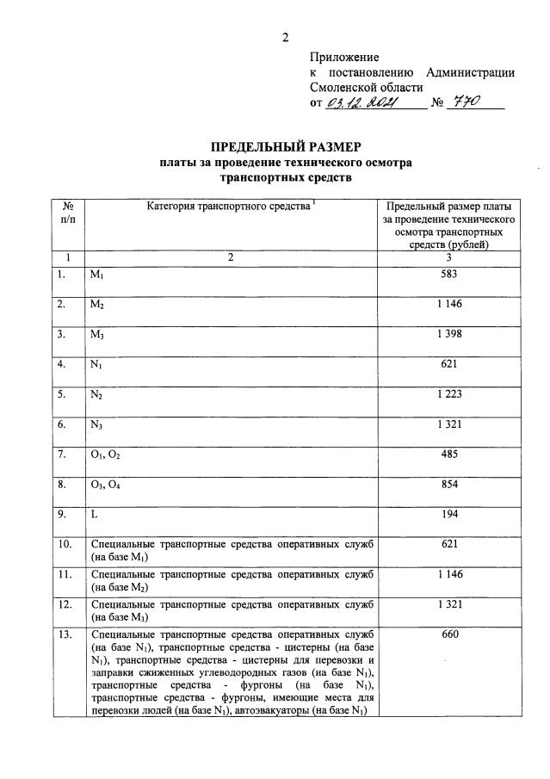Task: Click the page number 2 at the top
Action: tap(285, 37)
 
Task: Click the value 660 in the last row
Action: tap(448, 634)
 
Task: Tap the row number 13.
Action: tap(65, 634)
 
